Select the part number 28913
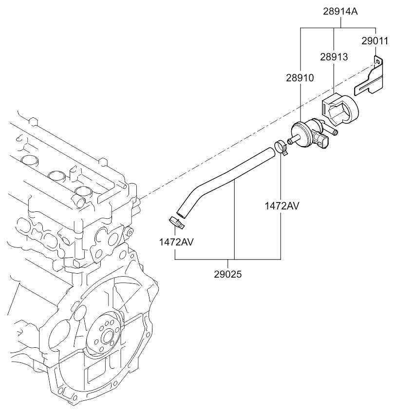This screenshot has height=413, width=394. [x=333, y=57]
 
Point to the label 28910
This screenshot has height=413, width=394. [x=300, y=77]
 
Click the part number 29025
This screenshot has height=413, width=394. [x=227, y=274]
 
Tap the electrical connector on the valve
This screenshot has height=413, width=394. [x=324, y=142]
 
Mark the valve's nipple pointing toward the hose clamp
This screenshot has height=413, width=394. [x=292, y=141]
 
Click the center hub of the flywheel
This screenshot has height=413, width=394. [x=108, y=336]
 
